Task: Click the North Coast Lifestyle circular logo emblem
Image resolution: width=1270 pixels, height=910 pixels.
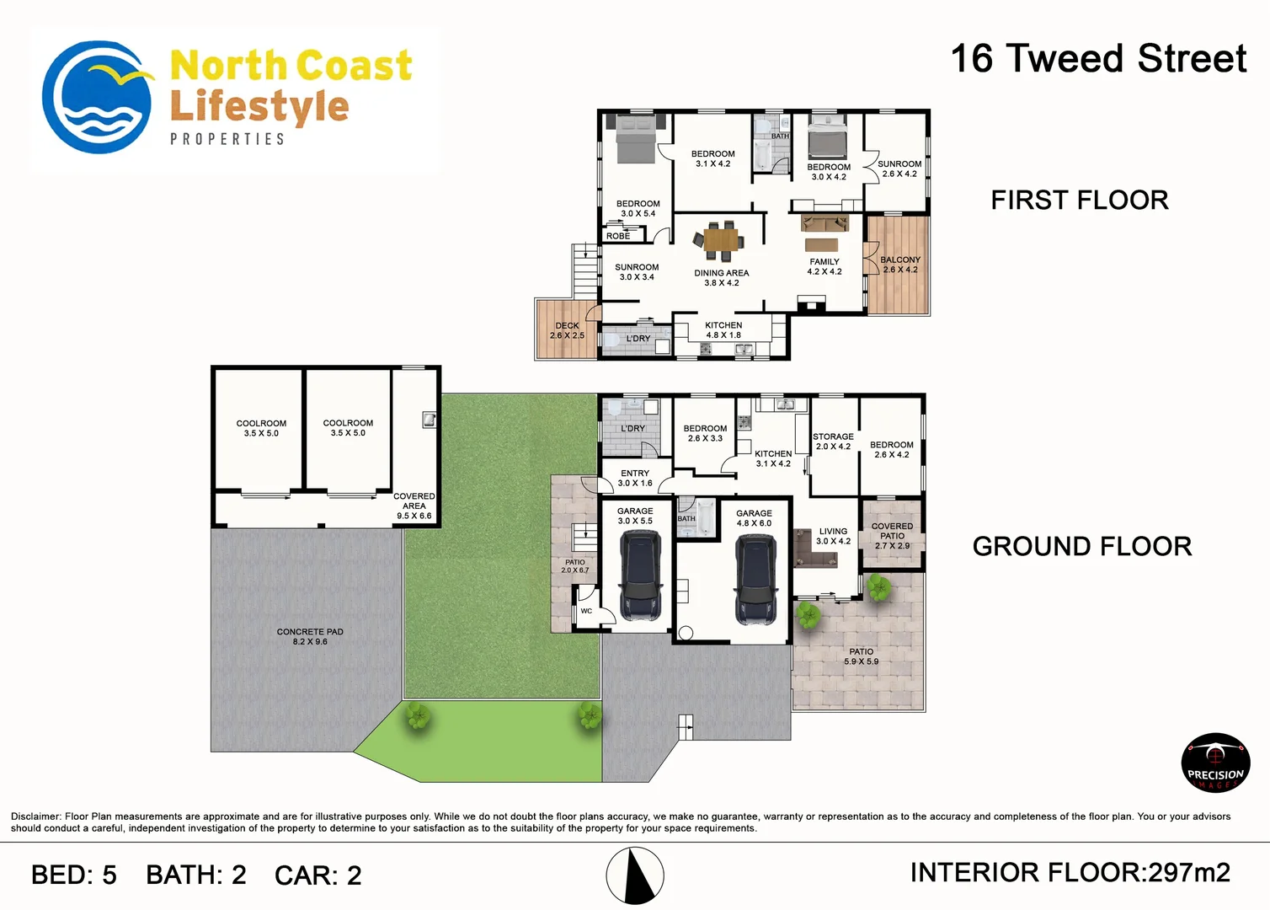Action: (97, 98)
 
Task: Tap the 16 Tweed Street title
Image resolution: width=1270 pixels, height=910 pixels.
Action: (1097, 59)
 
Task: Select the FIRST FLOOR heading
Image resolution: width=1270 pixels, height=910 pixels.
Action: (1079, 201)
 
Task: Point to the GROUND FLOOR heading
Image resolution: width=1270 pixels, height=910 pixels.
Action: (1081, 547)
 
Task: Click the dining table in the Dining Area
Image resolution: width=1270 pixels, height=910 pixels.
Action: (720, 241)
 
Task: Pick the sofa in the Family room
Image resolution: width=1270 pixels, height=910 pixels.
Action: (824, 223)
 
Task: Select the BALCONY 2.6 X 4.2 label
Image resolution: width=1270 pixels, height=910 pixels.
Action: (899, 265)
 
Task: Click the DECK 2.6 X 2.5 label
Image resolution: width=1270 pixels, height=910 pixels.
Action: (567, 330)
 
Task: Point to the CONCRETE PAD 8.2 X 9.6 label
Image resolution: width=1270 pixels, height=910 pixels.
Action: (310, 636)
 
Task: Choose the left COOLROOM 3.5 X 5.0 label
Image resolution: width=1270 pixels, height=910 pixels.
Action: (261, 428)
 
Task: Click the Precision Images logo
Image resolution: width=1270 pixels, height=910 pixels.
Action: (1214, 763)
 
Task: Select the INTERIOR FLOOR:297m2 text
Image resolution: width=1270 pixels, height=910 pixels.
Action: (1070, 873)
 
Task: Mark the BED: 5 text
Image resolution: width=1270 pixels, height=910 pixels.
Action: (74, 875)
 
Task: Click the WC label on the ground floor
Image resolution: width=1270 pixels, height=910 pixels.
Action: (586, 611)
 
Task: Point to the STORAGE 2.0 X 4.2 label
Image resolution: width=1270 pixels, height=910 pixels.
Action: (833, 442)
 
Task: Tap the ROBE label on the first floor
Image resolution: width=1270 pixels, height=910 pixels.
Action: (618, 236)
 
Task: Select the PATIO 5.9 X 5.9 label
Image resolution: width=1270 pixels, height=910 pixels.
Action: (861, 656)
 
